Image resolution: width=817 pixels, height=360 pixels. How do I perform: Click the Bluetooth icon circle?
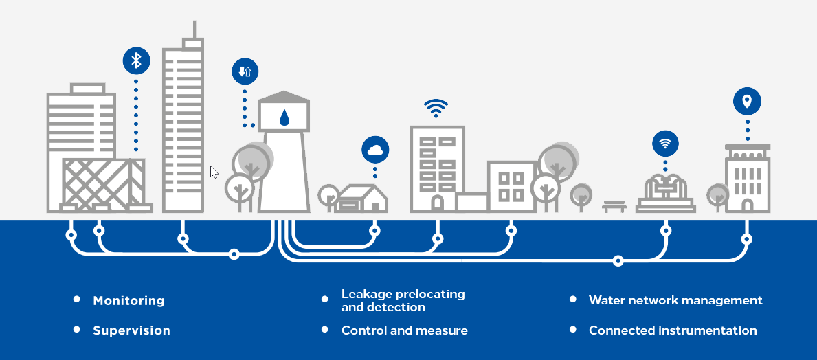(136, 60)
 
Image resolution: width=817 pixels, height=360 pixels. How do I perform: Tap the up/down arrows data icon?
(245, 71)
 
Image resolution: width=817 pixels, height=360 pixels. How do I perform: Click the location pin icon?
(747, 102)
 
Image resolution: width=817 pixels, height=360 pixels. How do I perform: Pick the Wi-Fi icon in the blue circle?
(664, 144)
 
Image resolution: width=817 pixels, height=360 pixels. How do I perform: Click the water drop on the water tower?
(284, 117)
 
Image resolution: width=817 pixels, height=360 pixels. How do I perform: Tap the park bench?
(614, 205)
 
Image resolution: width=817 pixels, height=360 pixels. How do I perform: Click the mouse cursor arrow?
(214, 172)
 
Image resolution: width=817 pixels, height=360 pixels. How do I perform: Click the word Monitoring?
(128, 301)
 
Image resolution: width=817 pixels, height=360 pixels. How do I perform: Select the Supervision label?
(131, 330)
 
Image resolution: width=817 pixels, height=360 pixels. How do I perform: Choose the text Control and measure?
(404, 330)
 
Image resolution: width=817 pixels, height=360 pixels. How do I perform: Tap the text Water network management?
(675, 300)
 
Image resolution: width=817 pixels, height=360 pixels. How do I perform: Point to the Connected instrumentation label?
(673, 330)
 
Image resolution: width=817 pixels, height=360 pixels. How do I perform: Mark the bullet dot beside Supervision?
(76, 330)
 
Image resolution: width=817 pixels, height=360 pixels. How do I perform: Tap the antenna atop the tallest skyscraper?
(194, 29)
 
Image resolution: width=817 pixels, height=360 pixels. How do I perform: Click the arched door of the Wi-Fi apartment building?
(437, 203)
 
